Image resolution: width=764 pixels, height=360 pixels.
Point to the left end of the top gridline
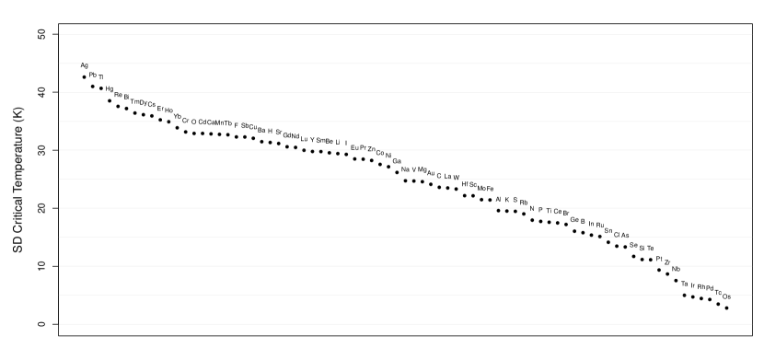pos(60,34)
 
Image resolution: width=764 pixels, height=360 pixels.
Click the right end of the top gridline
pos(751,34)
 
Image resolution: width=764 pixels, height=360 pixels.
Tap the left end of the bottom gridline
pos(60,324)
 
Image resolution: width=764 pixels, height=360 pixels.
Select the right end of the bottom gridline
pos(751,324)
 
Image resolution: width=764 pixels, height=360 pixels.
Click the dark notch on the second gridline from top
pos(85,64)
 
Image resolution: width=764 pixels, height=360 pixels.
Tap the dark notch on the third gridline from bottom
pos(675,266)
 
